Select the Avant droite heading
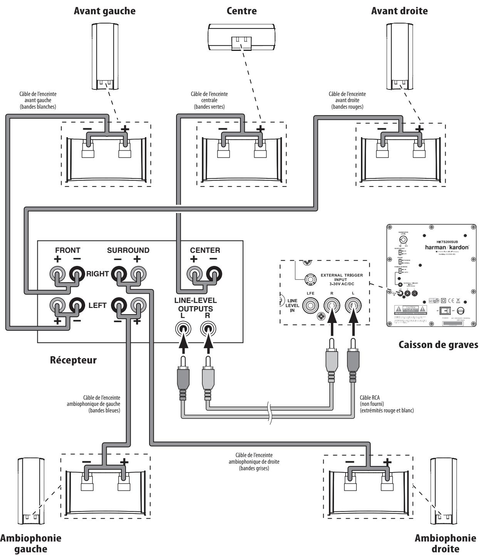point(399,11)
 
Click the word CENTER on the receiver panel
point(205,251)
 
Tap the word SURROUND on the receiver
point(128,251)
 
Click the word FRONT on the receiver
point(68,251)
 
